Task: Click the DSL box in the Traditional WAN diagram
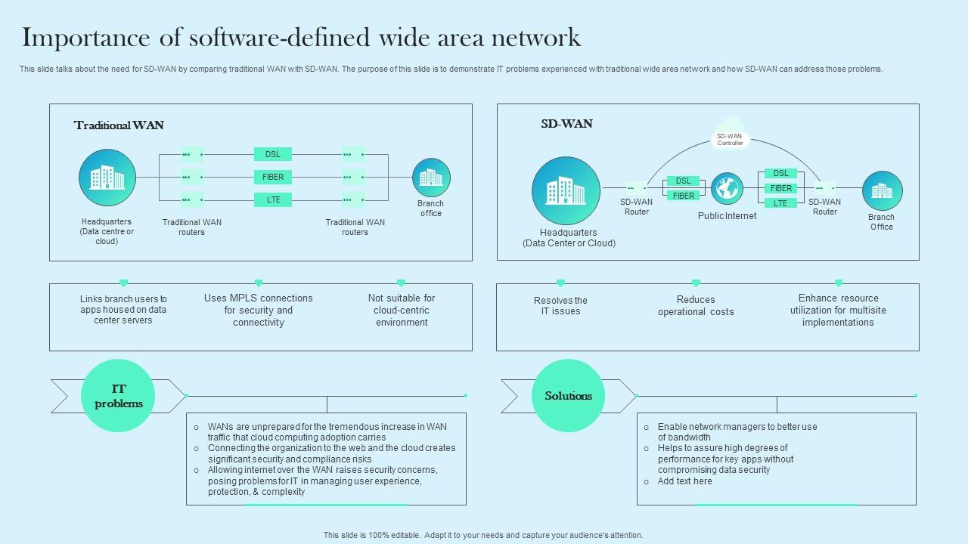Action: click(273, 154)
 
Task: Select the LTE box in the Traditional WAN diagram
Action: click(273, 199)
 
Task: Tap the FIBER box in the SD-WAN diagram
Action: click(684, 196)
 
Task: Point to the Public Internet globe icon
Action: click(727, 189)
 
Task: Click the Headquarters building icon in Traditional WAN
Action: click(107, 178)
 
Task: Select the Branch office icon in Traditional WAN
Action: click(431, 178)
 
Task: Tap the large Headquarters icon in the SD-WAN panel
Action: click(566, 191)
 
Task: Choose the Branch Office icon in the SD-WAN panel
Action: click(882, 190)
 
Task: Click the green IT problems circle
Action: click(118, 396)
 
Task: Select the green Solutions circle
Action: click(569, 396)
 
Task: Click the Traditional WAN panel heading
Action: click(119, 125)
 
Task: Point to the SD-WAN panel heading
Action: click(566, 124)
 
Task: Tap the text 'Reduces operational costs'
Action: click(696, 306)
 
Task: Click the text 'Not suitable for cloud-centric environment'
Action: click(402, 311)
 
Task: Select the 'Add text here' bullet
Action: click(684, 481)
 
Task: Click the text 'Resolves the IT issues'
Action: click(560, 306)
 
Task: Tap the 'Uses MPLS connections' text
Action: click(258, 298)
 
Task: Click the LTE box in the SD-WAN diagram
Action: click(780, 203)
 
